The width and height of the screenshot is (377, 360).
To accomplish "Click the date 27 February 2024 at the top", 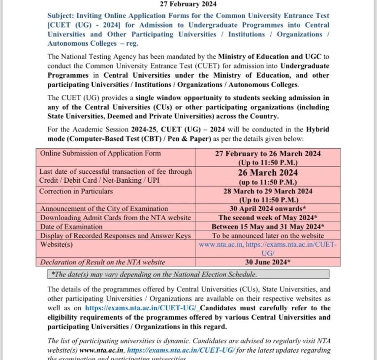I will point(188,4).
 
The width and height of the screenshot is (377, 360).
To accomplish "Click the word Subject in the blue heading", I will point(61,16).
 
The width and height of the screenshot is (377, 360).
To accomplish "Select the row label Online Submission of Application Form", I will point(100,153).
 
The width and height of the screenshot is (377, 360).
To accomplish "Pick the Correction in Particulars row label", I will point(76,191).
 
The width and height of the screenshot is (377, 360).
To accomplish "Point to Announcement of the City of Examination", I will point(104,209).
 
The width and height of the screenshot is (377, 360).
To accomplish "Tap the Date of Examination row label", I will point(71,227).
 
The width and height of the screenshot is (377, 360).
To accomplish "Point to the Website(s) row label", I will point(57,244).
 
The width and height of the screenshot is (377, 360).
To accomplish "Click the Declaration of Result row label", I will point(102,262).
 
